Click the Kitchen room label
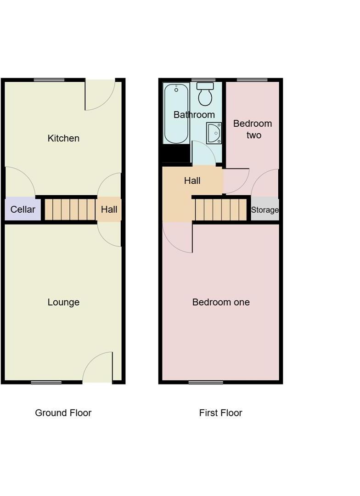click(63, 138)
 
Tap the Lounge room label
click(63, 302)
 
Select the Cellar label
click(22, 209)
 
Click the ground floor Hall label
click(109, 209)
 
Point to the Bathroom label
click(194, 115)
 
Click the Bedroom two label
click(253, 129)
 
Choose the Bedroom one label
click(221, 302)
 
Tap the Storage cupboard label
click(264, 210)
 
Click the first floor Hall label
click(192, 181)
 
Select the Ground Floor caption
click(63, 413)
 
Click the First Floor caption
click(220, 413)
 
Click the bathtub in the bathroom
click(176, 113)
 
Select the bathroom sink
click(214, 133)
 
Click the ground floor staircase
click(70, 209)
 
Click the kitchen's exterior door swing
click(99, 94)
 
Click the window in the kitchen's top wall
click(49, 80)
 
